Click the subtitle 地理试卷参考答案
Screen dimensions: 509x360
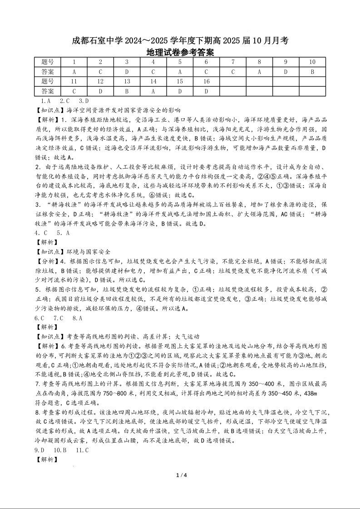[x=180, y=52]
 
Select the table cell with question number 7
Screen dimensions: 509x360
[x=233, y=62]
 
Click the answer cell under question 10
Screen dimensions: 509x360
[x=312, y=72]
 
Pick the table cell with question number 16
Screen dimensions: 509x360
[x=206, y=82]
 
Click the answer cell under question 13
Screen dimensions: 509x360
[x=127, y=91]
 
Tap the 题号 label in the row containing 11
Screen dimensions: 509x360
[x=47, y=82]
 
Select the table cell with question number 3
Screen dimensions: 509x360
[x=127, y=62]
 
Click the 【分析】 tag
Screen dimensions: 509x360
[x=47, y=261]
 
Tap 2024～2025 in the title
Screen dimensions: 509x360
[x=152, y=41]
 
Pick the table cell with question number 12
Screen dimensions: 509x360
[x=100, y=82]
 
